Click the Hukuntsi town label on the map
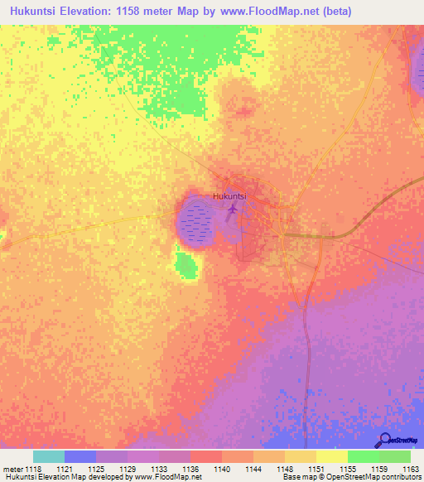click(230, 196)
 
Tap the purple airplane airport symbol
click(232, 213)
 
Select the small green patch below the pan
click(188, 266)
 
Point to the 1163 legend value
click(411, 469)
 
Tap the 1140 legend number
click(222, 469)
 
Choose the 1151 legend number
click(316, 469)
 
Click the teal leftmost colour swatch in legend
click(49, 456)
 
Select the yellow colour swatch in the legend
click(331, 456)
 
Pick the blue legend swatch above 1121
click(80, 456)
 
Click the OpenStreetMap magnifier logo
click(384, 440)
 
